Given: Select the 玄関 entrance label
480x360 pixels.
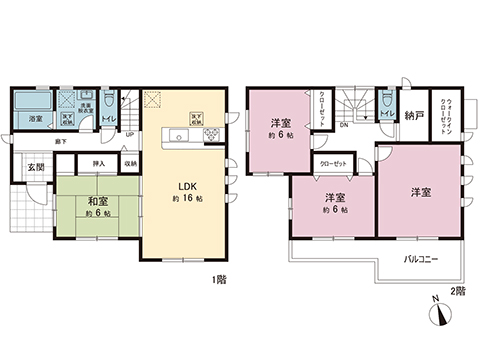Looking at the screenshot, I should [35, 166].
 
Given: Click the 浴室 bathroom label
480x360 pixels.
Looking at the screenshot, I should [35, 120].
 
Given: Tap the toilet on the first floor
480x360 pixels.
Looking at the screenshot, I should [110, 105].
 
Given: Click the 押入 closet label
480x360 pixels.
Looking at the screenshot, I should [99, 163].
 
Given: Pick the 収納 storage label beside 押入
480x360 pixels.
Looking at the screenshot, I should [129, 163].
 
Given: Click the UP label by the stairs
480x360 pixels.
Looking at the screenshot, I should [130, 137].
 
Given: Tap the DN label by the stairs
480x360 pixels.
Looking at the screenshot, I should [344, 126].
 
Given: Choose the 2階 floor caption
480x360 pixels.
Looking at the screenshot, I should [458, 291].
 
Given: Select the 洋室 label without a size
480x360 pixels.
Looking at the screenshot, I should [420, 190].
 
